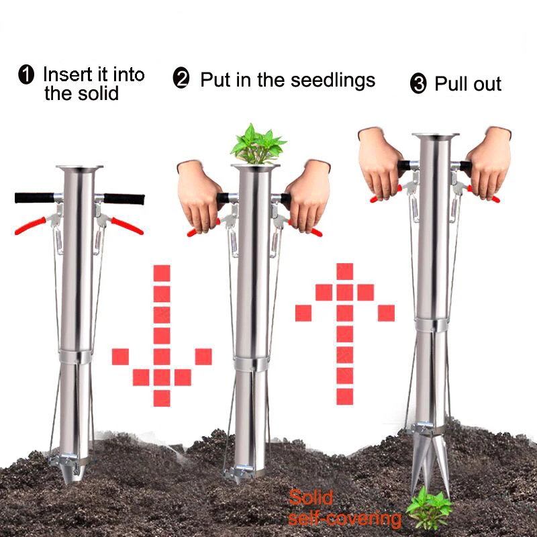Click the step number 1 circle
26,75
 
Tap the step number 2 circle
181,80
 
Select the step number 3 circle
418,85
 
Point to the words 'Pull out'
468,85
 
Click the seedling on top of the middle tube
258,142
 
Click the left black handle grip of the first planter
34,197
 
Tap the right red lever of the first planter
127,226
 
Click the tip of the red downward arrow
162,399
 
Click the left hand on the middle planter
197,195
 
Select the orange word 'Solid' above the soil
311,498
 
